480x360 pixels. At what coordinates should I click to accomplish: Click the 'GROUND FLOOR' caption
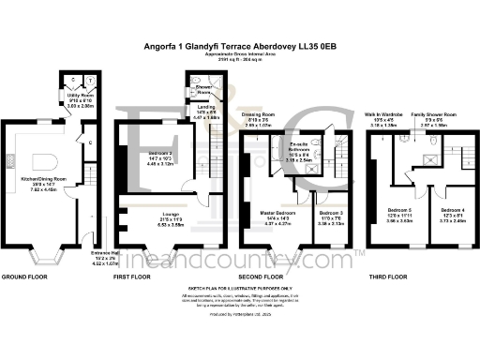click(23, 277)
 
